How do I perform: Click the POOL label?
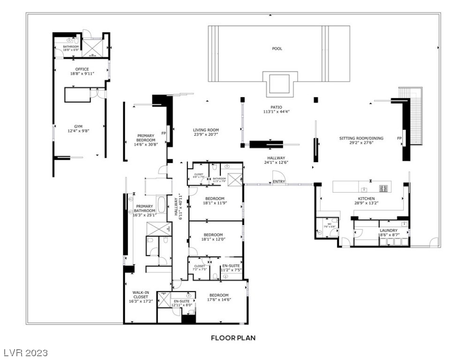click(x=277, y=49)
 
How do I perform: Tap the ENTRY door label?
click(x=278, y=181)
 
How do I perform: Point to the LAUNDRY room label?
click(x=389, y=230)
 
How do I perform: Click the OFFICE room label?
click(x=82, y=69)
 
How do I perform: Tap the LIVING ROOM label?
click(x=206, y=130)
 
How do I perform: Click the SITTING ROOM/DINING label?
click(x=361, y=138)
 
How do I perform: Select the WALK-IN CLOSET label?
click(x=140, y=294)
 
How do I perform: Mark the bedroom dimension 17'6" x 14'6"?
click(x=219, y=300)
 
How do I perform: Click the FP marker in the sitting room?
click(x=399, y=138)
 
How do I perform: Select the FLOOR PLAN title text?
click(x=233, y=337)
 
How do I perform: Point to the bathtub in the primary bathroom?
click(x=161, y=204)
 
